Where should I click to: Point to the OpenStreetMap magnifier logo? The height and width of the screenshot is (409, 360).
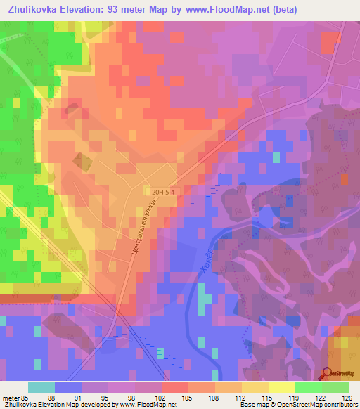(328, 373)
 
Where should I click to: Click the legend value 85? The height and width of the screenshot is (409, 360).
(26, 398)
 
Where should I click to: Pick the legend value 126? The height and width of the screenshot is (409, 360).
(347, 398)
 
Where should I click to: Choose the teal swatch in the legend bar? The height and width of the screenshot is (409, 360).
(41, 387)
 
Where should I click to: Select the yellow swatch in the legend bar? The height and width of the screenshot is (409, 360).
(282, 387)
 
